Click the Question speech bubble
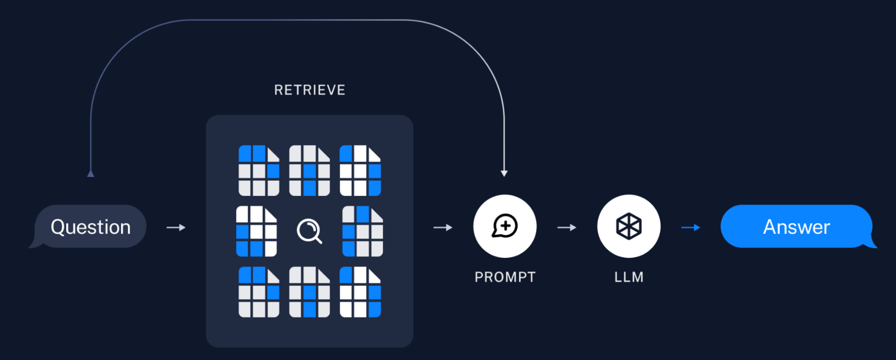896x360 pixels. point(90,226)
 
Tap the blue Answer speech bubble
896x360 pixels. point(796,226)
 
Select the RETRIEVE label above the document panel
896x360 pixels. point(309,90)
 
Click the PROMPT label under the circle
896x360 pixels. point(505,277)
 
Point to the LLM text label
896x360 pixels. point(629,277)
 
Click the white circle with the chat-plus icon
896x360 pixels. point(505,226)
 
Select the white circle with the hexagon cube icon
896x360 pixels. point(629,226)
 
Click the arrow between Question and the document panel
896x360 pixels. point(176,227)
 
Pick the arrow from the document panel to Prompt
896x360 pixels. point(443,227)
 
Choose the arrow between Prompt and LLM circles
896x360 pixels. point(566,227)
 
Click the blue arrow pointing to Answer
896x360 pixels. point(690,227)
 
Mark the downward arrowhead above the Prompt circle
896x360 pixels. point(504,173)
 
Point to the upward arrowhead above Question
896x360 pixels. point(91,174)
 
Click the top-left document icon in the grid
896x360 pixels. point(259,171)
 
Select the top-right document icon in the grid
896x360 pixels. point(360,171)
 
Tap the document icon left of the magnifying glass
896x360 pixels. point(257,231)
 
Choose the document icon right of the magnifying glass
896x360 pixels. point(362,231)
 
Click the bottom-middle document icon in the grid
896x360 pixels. point(309,292)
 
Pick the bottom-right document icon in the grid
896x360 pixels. point(360,292)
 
